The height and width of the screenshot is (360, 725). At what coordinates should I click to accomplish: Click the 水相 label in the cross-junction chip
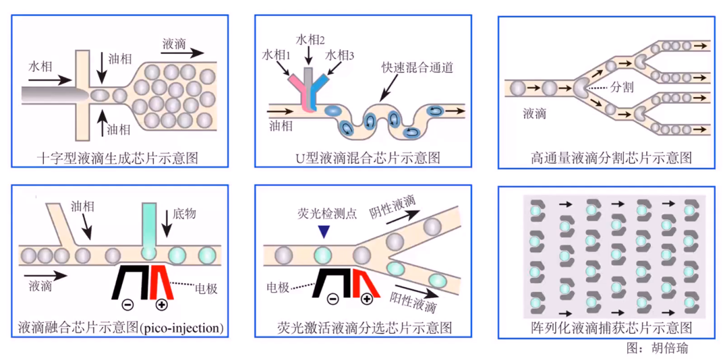(40, 67)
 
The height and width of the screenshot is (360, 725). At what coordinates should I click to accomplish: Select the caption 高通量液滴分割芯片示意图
(611, 158)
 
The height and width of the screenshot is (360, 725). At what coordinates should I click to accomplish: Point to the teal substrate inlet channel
(149, 225)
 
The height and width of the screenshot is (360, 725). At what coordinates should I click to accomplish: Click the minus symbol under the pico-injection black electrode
(129, 304)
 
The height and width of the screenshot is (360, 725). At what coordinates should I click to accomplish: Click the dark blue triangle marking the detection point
(324, 232)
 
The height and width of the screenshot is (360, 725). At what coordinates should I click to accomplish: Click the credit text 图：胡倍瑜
(657, 348)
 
